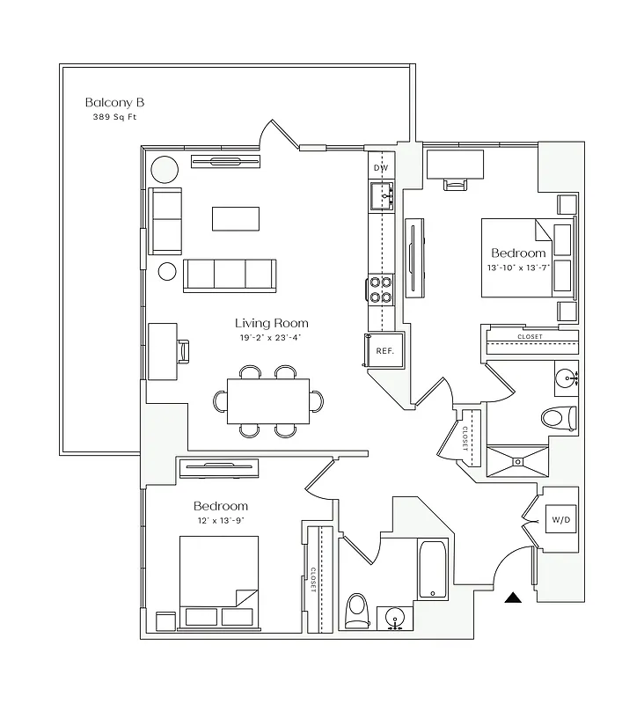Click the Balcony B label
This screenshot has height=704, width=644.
pos(114,101)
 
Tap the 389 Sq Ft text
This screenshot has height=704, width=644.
pos(114,117)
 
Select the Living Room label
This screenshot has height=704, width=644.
pos(271,323)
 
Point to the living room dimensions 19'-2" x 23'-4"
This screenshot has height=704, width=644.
pos(271,337)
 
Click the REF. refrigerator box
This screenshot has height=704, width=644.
pos(384,350)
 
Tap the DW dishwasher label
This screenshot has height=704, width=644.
pos(381,167)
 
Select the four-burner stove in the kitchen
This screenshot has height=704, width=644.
pos(380,290)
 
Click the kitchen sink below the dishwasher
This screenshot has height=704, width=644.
pos(383,195)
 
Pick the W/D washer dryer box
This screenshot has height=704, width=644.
pos(560,520)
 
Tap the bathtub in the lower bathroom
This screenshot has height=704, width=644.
pos(435,569)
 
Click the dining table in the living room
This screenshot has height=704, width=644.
pos(267,400)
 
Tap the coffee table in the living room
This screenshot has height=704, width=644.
pos(236,218)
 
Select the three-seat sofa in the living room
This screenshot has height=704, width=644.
pos(229,275)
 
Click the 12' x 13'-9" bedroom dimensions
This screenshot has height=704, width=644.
pos(221,521)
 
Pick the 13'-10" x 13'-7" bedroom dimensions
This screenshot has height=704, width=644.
pos(518,268)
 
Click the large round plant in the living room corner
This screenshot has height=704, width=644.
pos(163,168)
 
